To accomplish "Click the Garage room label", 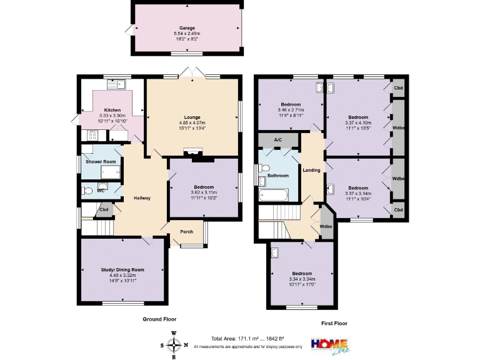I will click(x=187, y=28).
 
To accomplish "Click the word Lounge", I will click(x=192, y=117).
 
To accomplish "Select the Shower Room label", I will click(x=101, y=162).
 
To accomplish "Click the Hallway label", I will click(x=142, y=198).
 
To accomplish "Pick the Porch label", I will click(x=186, y=232).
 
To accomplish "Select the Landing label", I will click(x=311, y=170).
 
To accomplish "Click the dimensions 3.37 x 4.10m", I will click(x=358, y=123).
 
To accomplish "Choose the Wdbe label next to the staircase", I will click(x=326, y=226).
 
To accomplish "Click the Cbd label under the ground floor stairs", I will click(x=104, y=209).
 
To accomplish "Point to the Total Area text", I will click(x=247, y=338).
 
